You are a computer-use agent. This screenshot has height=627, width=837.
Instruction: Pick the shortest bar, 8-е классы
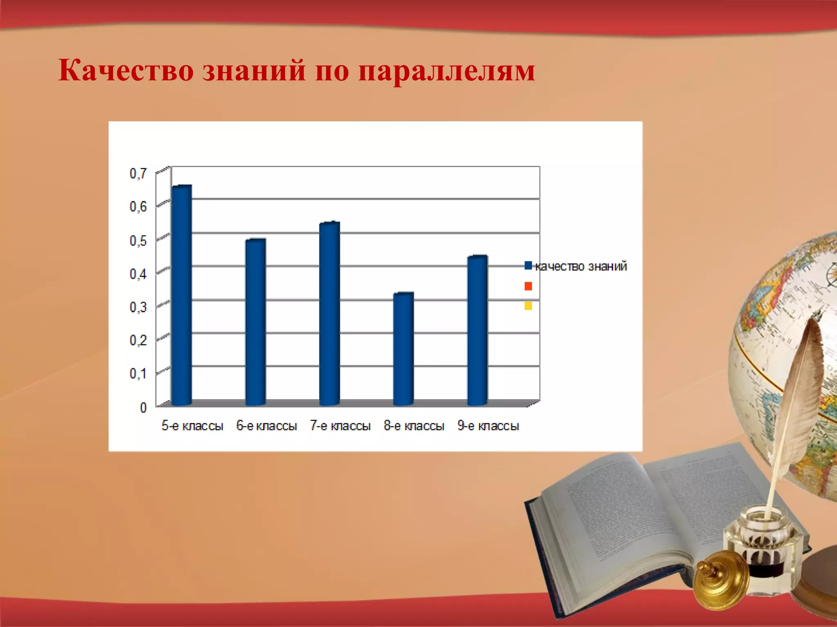[x=403, y=349]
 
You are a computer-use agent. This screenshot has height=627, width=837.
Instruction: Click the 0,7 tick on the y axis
[x=138, y=173]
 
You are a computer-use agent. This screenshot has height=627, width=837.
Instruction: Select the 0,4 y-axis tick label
[x=138, y=274]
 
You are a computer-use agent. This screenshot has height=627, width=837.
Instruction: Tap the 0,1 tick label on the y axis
[x=138, y=374]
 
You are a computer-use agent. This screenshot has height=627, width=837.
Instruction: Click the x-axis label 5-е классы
[x=192, y=426]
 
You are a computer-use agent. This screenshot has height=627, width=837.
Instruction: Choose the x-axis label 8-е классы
[x=414, y=426]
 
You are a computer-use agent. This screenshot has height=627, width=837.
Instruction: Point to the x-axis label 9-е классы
[x=488, y=426]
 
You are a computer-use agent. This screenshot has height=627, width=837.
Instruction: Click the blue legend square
[x=528, y=266]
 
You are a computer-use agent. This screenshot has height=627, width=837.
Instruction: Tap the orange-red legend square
[x=528, y=286]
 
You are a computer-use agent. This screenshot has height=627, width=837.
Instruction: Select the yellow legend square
[x=528, y=306]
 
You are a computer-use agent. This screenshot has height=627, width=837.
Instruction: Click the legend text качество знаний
[x=581, y=267]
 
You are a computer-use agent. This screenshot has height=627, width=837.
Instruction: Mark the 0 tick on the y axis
[x=143, y=407]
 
